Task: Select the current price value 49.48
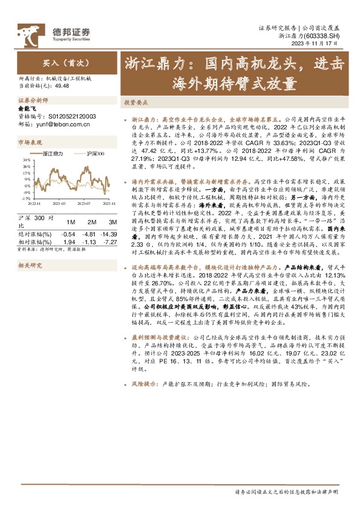(61, 86)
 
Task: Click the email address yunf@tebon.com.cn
(62, 125)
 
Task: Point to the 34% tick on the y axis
(26, 160)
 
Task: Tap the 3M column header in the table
(108, 222)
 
